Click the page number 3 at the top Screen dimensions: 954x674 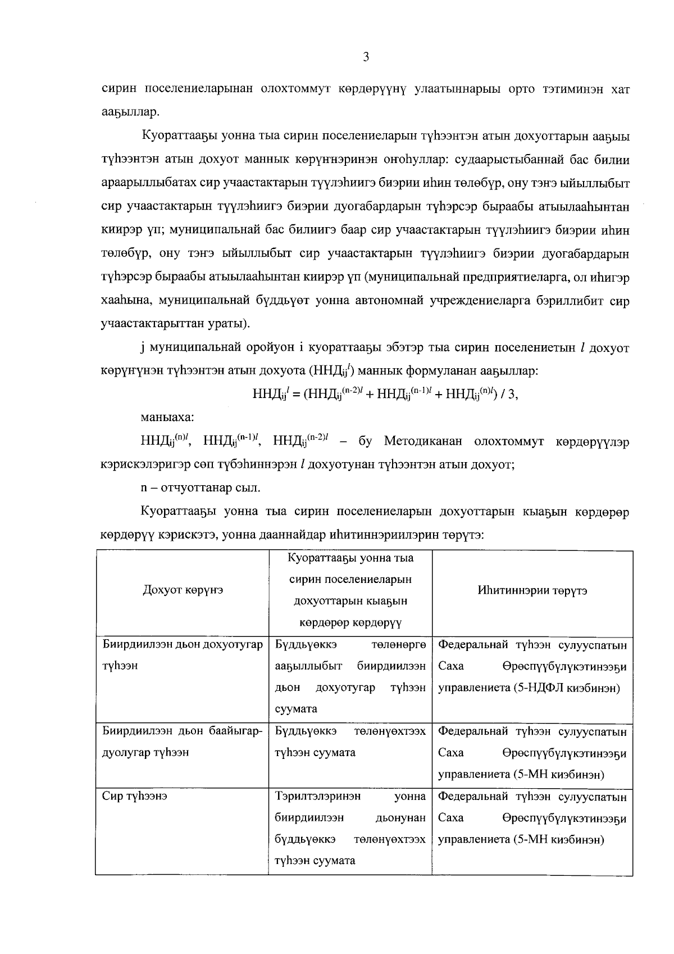point(366,57)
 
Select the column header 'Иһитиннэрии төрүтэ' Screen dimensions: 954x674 point(532,591)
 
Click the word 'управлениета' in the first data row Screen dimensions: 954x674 point(474,688)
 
